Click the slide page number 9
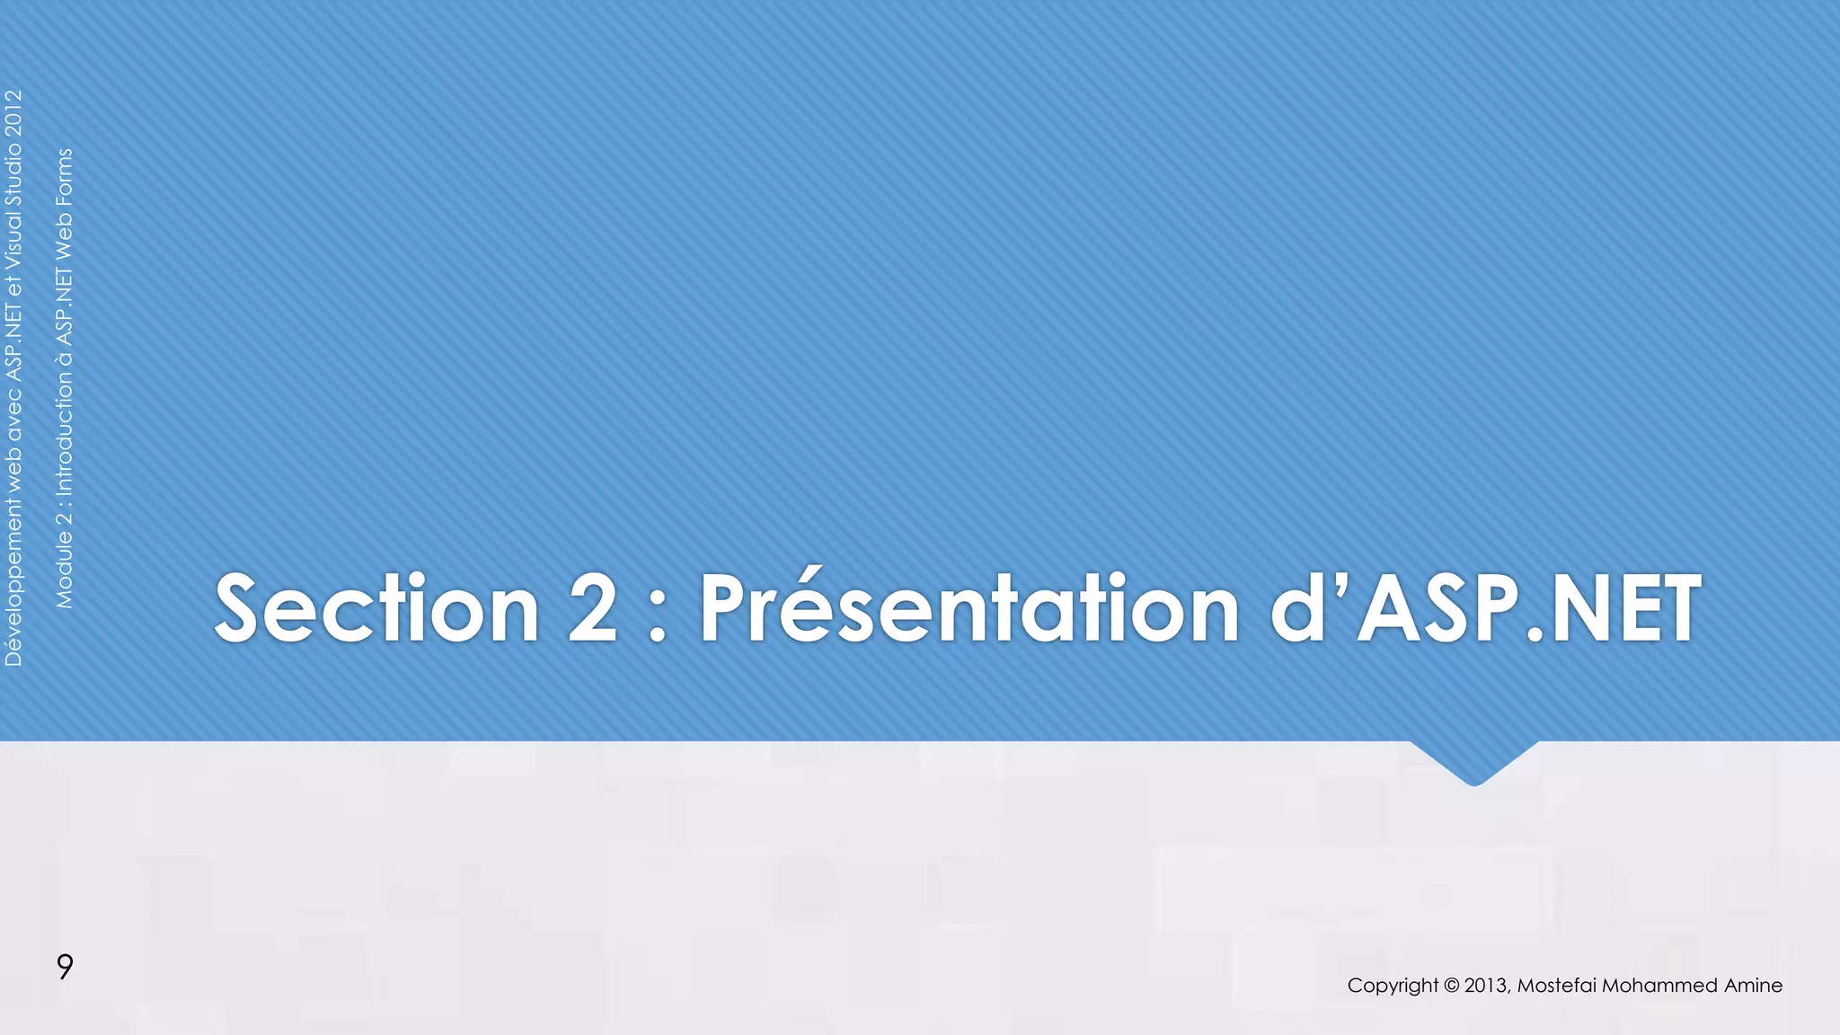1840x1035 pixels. point(65,967)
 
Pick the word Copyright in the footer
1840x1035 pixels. point(1393,986)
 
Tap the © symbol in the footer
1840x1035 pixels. point(1451,986)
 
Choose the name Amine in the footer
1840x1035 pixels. point(1753,986)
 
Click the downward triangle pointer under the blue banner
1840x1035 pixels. point(1473,762)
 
